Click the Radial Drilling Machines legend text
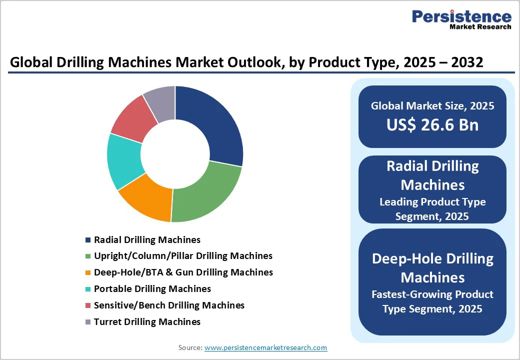click(x=147, y=240)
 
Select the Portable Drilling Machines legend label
click(x=152, y=289)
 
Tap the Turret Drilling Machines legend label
click(x=147, y=322)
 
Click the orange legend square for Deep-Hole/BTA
click(x=88, y=273)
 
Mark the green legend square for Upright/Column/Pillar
click(x=88, y=256)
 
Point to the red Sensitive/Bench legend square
click(x=88, y=305)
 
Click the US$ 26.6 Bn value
click(x=432, y=125)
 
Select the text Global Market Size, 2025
click(x=432, y=106)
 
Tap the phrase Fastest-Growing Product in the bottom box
click(x=432, y=294)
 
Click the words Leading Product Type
click(x=432, y=202)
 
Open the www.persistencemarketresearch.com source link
click(x=265, y=347)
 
